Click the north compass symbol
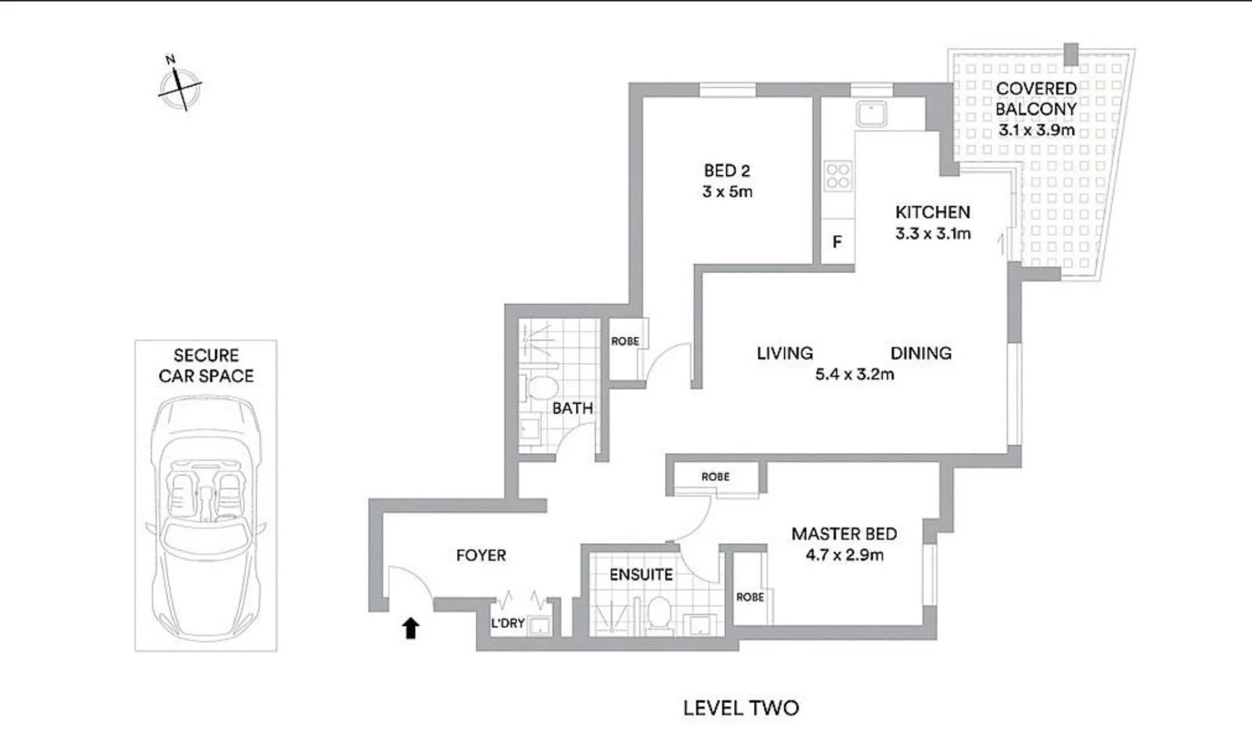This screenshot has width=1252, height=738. [180, 85]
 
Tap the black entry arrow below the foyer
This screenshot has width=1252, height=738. [411, 628]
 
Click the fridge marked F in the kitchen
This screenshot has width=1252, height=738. [837, 242]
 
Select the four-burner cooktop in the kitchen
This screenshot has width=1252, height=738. [838, 175]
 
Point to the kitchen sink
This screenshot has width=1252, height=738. [871, 114]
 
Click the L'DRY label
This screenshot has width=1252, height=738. [508, 624]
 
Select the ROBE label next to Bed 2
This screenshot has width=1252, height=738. [625, 341]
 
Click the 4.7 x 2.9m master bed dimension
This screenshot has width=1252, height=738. [844, 556]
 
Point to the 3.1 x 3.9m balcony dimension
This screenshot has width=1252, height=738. [1036, 131]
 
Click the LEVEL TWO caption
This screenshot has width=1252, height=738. [741, 708]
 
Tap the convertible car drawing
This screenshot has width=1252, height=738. [206, 517]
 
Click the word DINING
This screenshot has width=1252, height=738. [921, 353]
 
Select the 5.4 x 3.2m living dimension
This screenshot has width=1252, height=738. [854, 375]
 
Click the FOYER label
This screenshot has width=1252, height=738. [481, 556]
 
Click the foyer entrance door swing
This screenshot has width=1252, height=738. [408, 584]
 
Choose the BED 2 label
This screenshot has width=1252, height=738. [727, 171]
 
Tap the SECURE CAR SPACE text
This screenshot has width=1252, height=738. [206, 365]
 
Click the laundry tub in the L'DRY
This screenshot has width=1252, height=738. [539, 625]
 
